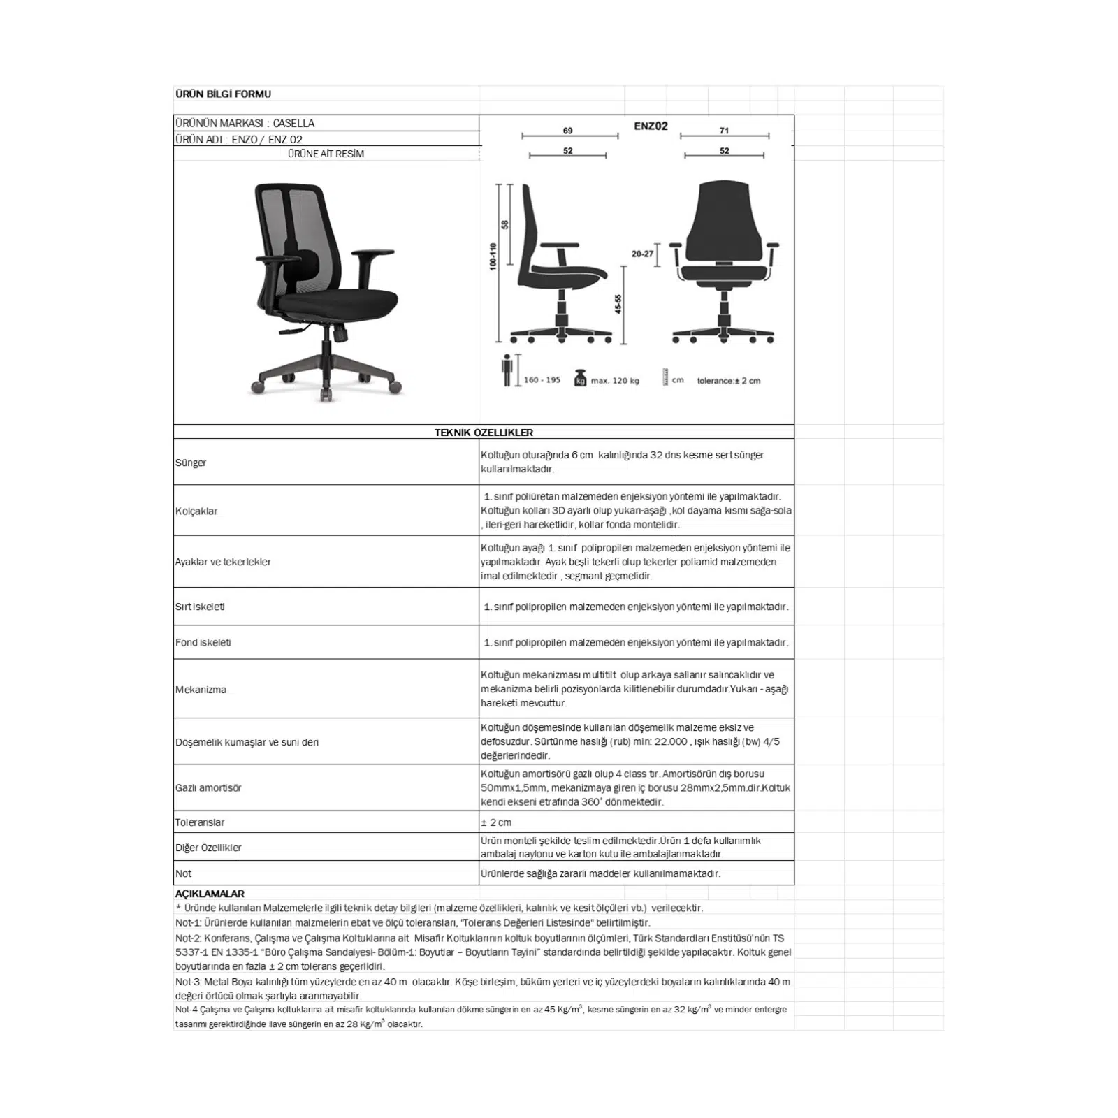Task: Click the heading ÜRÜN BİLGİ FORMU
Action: (x=223, y=94)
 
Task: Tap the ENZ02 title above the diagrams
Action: (x=651, y=126)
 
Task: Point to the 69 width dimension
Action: (x=568, y=131)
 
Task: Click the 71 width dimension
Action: (x=724, y=131)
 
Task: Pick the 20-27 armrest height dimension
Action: (x=642, y=254)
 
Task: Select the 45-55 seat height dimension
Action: (x=618, y=304)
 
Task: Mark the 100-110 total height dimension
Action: (x=493, y=257)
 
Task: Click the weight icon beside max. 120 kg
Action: (x=579, y=378)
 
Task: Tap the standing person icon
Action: (x=507, y=370)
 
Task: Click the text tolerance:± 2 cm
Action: (x=728, y=381)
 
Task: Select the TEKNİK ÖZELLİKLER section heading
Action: (x=484, y=433)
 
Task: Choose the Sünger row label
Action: (x=191, y=463)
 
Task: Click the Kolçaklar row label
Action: (x=196, y=511)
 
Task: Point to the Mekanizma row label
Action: (x=201, y=690)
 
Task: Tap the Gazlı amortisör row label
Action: (x=208, y=788)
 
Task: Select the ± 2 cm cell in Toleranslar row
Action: (x=496, y=822)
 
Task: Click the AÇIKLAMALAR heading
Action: (x=210, y=894)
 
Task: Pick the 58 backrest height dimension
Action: (x=504, y=224)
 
